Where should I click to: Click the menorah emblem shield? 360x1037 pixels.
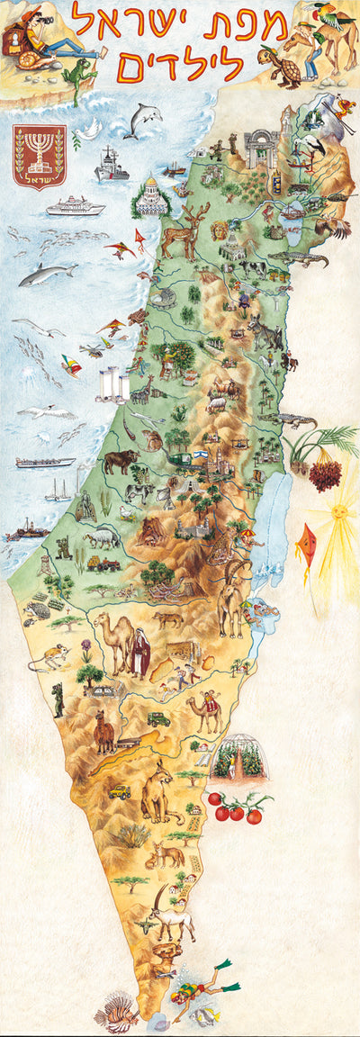39,155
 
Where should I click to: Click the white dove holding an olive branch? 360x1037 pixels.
86,133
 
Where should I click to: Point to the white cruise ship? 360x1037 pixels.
75,206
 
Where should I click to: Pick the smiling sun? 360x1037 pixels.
339,512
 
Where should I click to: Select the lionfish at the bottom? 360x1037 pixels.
118,1011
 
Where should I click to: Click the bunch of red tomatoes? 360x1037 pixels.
237,807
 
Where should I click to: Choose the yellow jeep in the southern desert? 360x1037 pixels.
120,791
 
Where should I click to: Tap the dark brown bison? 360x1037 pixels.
120,463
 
